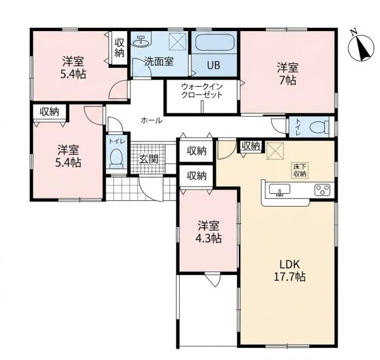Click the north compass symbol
pyautogui.click(x=360, y=46)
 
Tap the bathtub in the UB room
pyautogui.click(x=214, y=42)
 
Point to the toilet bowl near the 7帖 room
pyautogui.click(x=319, y=127)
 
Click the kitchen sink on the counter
pyautogui.click(x=279, y=190)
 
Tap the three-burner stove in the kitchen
pyautogui.click(x=322, y=190)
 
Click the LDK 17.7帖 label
pyautogui.click(x=289, y=270)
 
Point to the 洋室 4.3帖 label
pyautogui.click(x=208, y=232)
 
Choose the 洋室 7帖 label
pyautogui.click(x=288, y=74)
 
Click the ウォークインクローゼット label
pyautogui.click(x=202, y=91)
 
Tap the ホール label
pyautogui.click(x=151, y=120)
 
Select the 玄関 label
pyautogui.click(x=149, y=159)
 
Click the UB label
pyautogui.click(x=213, y=65)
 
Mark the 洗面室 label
pyautogui.click(x=159, y=61)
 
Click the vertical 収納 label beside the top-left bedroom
pyautogui.click(x=119, y=48)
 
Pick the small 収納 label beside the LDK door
pyautogui.click(x=251, y=146)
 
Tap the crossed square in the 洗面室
pyautogui.click(x=177, y=41)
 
